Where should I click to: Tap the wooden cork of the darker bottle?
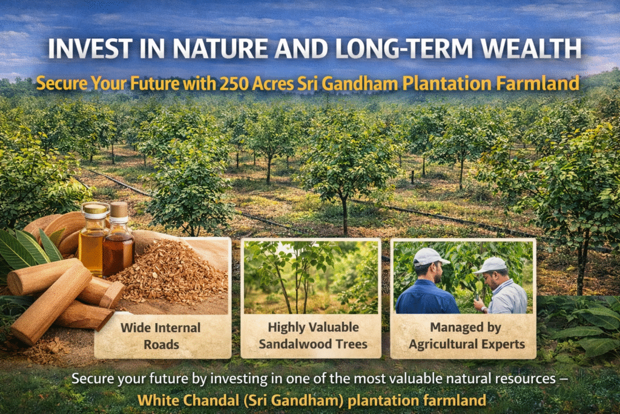tap(119, 210)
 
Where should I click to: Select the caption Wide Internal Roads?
tap(161, 336)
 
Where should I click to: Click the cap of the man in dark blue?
tap(430, 256)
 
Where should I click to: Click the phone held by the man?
tap(477, 297)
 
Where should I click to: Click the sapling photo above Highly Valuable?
tap(311, 276)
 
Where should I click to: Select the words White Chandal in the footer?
tap(188, 400)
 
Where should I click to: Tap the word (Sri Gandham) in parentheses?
tap(294, 401)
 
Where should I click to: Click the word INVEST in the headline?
tap(91, 48)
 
